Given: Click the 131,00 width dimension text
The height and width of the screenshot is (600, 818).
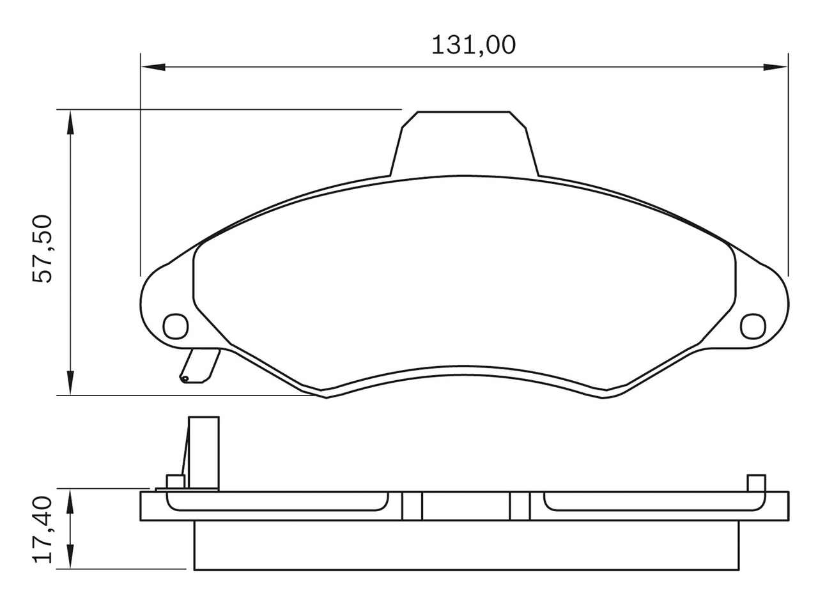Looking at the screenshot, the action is click(x=474, y=45).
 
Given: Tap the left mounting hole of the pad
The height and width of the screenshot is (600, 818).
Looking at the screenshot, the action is click(x=175, y=326).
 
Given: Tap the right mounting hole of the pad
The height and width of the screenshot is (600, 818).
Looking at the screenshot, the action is click(x=753, y=326).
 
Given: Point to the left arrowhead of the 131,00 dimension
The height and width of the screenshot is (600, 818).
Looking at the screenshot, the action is click(x=153, y=67).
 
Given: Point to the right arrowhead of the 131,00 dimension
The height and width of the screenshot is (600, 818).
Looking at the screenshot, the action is click(x=775, y=67).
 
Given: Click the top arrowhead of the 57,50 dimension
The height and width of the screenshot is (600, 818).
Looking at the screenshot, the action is click(x=70, y=122).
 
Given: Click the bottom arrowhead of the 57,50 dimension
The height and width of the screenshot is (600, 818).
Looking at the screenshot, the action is click(x=70, y=383).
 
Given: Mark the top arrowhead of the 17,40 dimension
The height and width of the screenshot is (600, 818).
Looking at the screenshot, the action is click(x=70, y=502).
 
